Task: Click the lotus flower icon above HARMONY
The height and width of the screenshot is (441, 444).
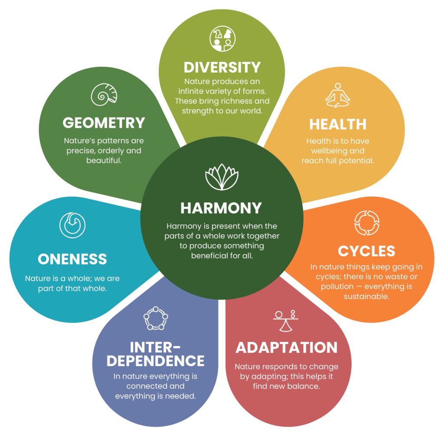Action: (222, 177)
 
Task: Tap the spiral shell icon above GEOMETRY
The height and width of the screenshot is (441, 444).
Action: (104, 94)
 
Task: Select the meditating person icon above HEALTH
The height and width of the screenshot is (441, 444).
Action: (337, 95)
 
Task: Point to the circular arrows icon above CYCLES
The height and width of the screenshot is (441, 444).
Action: (367, 223)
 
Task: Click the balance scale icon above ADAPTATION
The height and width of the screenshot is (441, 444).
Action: (285, 320)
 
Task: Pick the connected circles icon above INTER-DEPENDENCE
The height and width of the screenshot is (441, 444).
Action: (156, 318)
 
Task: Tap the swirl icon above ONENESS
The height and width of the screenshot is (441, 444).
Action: (72, 225)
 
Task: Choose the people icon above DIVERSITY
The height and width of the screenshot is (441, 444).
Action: (222, 39)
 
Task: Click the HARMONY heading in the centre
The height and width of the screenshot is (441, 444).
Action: (221, 208)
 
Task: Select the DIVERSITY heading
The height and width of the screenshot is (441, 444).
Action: (222, 67)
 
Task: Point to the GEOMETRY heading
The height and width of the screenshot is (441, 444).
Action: (104, 123)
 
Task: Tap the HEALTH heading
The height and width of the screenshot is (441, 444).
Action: (338, 124)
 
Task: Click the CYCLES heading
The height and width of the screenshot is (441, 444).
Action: (366, 251)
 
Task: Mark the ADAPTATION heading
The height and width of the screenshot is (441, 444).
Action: (287, 348)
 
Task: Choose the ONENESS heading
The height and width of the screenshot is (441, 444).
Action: (72, 259)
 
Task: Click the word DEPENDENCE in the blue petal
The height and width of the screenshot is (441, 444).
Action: (156, 361)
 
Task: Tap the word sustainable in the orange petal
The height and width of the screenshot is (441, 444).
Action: (367, 296)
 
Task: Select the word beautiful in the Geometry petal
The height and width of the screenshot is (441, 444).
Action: (104, 161)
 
